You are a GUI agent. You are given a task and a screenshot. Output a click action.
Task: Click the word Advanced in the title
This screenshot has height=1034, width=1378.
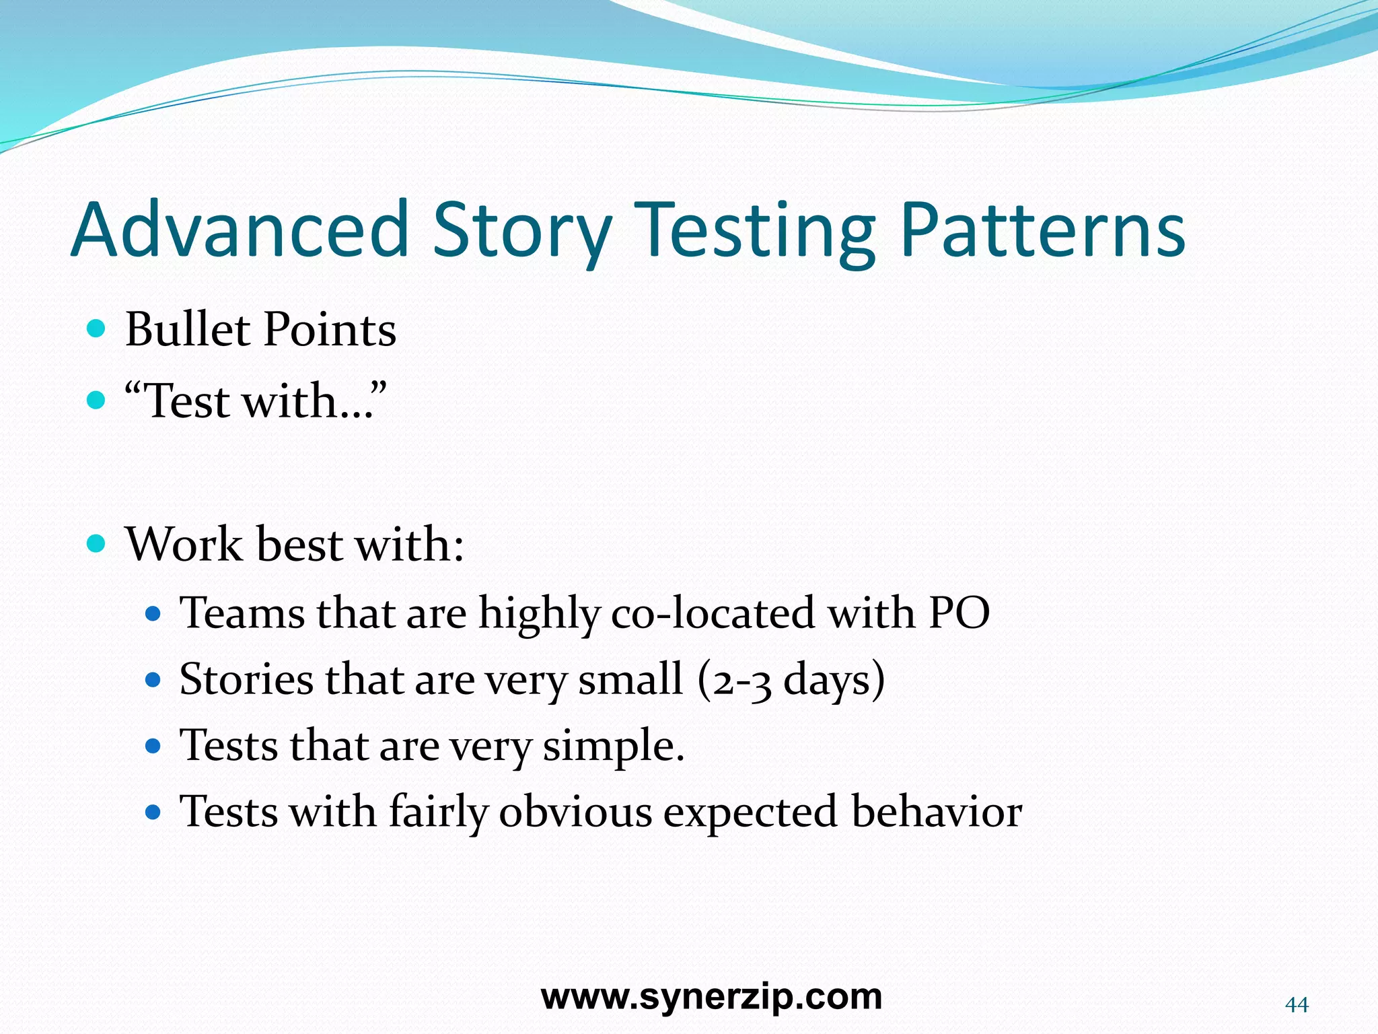[x=240, y=230]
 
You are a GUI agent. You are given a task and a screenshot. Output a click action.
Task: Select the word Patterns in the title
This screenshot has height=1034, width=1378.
[x=1042, y=230]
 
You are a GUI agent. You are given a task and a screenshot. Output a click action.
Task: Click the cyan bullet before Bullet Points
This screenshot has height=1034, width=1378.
[x=97, y=329]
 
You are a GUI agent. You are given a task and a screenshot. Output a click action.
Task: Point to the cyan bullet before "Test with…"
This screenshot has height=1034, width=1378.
[x=97, y=401]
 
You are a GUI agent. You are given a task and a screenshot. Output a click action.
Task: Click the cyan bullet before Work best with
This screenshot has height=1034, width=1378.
[x=97, y=543]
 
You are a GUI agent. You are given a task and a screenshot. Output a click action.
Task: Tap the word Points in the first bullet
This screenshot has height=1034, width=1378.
[x=329, y=330]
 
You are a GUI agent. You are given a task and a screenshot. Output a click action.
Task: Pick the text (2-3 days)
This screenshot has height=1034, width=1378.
[x=791, y=680]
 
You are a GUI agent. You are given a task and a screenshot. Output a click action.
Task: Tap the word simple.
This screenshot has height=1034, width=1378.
[x=613, y=747]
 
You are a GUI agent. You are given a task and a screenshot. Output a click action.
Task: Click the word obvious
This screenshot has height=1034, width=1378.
[x=575, y=811]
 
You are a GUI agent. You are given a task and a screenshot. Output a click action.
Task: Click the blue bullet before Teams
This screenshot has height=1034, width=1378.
[x=153, y=614]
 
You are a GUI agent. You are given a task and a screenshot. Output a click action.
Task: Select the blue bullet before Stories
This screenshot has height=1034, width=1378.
[x=153, y=680]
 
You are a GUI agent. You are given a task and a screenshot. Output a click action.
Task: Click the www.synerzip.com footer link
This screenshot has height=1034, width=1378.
[x=711, y=996]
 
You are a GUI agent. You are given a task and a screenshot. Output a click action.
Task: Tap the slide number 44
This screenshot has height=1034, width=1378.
[x=1296, y=1005]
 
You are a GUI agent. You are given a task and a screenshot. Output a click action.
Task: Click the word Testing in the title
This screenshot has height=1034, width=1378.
[x=755, y=232]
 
